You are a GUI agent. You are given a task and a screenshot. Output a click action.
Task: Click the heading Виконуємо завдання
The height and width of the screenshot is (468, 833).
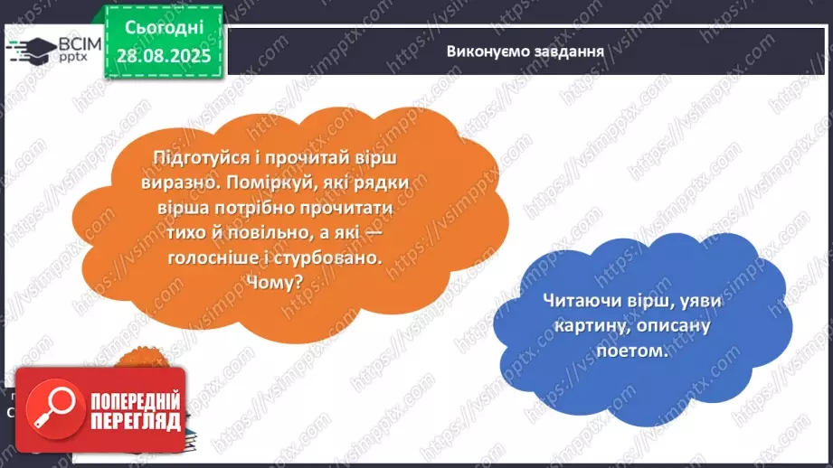pyautogui.click(x=525, y=50)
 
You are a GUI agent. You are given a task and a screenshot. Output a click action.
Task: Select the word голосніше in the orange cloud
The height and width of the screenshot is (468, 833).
pyautogui.click(x=210, y=257)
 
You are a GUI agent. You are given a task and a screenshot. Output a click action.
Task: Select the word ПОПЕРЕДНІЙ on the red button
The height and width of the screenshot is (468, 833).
pyautogui.click(x=134, y=399)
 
